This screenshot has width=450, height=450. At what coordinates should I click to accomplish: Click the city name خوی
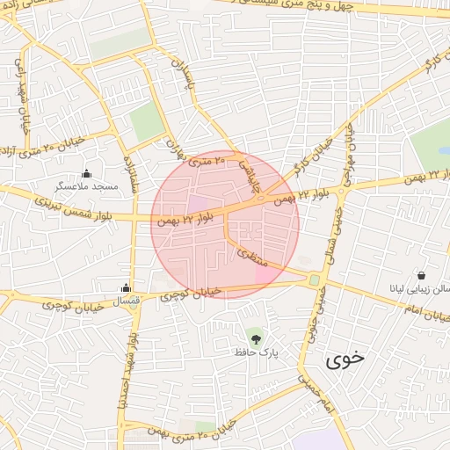tap(344, 359)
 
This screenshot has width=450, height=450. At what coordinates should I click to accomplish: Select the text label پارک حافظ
tap(256, 352)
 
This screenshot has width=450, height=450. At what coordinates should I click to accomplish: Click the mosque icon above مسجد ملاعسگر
tap(86, 172)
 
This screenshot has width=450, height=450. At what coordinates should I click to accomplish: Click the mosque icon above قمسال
tap(127, 287)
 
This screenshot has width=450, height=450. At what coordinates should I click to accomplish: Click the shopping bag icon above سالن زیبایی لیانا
tap(422, 275)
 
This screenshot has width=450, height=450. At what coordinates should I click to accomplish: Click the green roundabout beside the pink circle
tap(314, 279)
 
